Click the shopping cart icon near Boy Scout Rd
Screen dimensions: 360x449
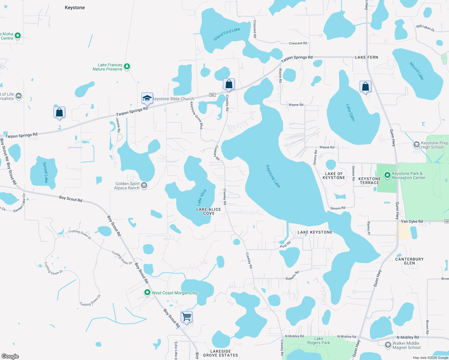[186, 317]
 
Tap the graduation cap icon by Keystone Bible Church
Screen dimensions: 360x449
[147, 98]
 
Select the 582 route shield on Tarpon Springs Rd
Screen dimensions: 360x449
[212, 95]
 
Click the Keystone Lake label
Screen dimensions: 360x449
[273, 176]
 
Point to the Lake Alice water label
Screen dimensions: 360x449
[202, 197]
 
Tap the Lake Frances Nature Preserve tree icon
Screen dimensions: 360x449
[127, 66]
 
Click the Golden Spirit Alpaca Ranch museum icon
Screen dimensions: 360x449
[144, 185]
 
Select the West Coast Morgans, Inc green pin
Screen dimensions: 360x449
[147, 292]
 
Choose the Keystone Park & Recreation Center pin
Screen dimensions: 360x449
[387, 175]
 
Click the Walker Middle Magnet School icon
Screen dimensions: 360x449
[388, 345]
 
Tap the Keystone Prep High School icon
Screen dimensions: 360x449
[416, 145]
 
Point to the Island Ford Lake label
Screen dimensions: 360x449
[227, 34]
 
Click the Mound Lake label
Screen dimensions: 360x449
[417, 71]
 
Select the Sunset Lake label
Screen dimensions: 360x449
[45, 172]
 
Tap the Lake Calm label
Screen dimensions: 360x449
[350, 112]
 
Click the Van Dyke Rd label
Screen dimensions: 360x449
[412, 221]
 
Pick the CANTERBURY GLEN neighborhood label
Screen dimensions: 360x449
[409, 261]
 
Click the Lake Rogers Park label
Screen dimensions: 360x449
[318, 340]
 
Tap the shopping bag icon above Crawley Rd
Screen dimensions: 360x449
[229, 84]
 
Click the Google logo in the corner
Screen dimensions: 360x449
[10, 356]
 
